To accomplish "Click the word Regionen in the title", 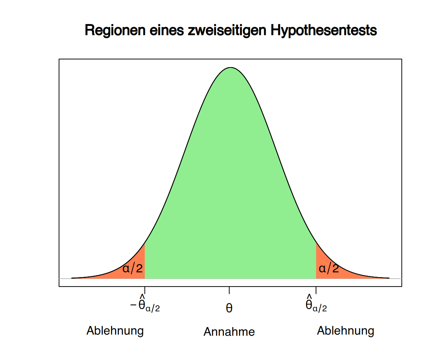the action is (115, 30).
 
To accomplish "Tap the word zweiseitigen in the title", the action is (227, 30).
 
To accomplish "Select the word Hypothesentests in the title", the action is (324, 30).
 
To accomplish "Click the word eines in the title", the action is (166, 30).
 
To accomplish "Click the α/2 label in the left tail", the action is (133, 268).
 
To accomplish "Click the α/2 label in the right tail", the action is (328, 268).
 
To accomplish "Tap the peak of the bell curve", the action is (231, 67).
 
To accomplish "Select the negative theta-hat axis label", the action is (145, 303).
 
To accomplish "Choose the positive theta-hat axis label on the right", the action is (316, 303).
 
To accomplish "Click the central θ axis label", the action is (229, 308).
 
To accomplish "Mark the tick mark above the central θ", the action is (229, 290).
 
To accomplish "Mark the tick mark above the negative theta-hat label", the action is (145, 290).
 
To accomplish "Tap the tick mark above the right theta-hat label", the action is (316, 290).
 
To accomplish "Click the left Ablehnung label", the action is (115, 331).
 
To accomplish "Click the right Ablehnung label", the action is (345, 331).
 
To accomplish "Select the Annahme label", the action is (229, 331).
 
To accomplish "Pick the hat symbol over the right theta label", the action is (309, 296).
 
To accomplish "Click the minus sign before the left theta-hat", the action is (133, 304).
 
